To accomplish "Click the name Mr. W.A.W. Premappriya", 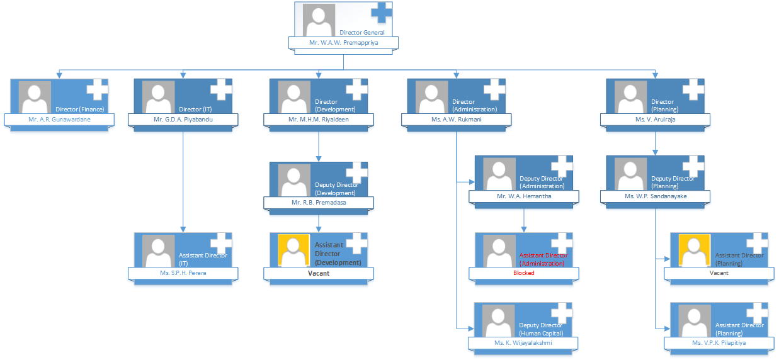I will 343,43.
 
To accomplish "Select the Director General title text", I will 361,32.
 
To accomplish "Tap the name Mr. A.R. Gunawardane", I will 59,119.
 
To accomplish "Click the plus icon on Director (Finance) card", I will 97,90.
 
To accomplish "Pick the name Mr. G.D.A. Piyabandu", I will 183,119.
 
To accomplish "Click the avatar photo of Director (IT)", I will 159,97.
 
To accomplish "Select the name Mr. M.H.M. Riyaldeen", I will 319,119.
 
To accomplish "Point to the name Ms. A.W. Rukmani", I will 456,119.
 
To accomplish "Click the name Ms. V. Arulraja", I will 655,119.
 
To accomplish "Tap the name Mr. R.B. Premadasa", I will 319,203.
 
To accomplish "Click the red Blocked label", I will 523,273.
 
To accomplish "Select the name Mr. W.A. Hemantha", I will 523,196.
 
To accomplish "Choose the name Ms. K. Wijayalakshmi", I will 523,343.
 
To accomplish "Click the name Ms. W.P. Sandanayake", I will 655,196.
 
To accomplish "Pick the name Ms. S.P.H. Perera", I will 183,273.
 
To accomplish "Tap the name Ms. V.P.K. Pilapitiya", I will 719,343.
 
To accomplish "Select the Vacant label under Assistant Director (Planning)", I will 719,273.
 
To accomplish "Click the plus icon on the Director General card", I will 382,13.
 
